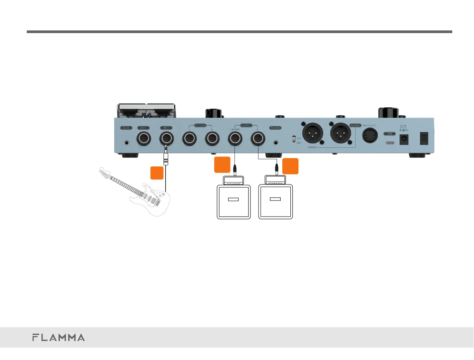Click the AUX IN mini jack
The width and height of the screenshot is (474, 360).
pos(127,142)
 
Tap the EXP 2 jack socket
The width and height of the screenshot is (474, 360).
pos(144,139)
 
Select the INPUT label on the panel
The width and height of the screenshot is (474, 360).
pos(166,128)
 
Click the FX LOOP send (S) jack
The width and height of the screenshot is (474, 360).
pos(189,139)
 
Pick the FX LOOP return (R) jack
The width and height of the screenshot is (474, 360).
pos(212,139)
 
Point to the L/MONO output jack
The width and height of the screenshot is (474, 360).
pos(235,139)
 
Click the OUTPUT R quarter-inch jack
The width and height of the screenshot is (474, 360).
pos(258,139)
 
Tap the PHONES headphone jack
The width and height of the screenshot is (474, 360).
pos(276,142)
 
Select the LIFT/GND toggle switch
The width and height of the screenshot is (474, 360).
pos(294,139)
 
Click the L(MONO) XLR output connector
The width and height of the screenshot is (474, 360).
pos(313,133)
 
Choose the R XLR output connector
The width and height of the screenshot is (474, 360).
pos(341,133)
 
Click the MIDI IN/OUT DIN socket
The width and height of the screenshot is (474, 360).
pos(370,136)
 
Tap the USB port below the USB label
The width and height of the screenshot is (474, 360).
pos(390,143)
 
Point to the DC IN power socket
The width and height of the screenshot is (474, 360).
pos(404,139)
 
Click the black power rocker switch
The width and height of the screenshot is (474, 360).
pos(424,138)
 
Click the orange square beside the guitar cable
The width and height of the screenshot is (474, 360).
pos(157,173)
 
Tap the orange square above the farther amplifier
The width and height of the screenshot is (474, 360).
pos(290,166)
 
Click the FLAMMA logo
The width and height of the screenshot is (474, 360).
pos(59,337)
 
